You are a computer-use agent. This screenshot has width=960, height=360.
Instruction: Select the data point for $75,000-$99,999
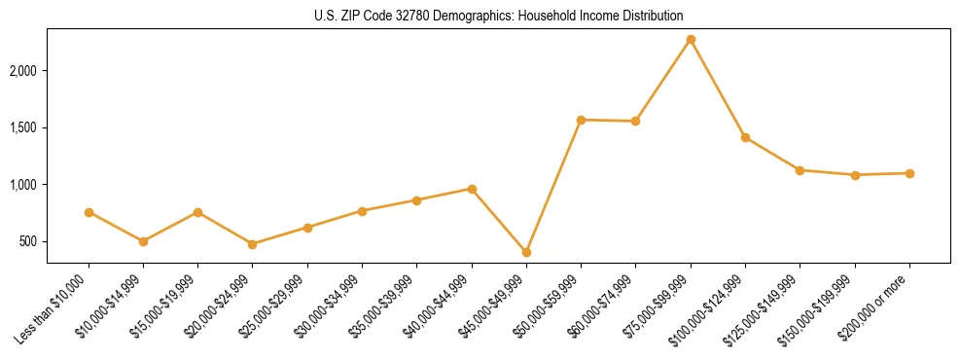(x=691, y=40)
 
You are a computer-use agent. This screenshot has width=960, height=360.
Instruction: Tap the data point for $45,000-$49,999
(x=526, y=252)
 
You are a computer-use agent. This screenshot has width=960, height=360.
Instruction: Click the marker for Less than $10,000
(x=89, y=212)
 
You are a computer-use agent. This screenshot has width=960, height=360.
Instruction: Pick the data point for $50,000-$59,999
(x=581, y=120)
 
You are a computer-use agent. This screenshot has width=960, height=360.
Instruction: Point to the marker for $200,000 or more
(x=909, y=173)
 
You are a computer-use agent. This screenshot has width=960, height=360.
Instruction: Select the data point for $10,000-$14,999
(x=143, y=241)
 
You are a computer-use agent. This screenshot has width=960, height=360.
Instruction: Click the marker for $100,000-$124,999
(x=745, y=137)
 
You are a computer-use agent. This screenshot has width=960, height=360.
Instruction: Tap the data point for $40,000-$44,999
(x=472, y=189)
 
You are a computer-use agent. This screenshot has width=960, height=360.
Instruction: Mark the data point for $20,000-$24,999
(x=253, y=244)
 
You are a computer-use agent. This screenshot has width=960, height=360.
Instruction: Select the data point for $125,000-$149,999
(x=800, y=170)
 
